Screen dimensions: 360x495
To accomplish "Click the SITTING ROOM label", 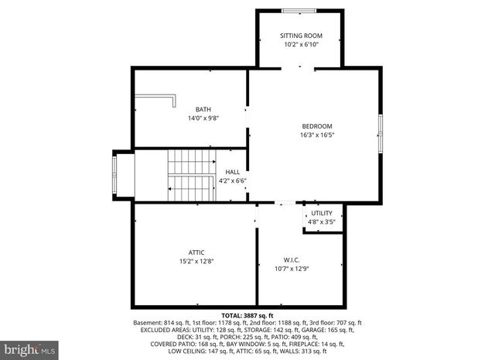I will (301, 36).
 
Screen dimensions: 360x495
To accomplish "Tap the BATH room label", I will (203, 109).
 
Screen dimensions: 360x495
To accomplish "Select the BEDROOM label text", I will (317, 126).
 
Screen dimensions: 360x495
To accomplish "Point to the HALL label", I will (233, 172).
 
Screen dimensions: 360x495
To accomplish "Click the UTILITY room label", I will (322, 213).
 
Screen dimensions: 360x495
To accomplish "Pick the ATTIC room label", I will (196, 252).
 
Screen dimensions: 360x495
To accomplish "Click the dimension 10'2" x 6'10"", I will (301, 45).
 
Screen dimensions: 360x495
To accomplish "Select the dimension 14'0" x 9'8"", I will (203, 118).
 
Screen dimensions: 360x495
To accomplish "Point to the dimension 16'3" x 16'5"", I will (317, 135).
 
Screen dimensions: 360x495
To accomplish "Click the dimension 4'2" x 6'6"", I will (233, 181).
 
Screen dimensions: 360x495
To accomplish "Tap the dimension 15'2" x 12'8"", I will (196, 262).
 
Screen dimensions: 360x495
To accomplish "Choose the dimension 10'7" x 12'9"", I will (292, 269).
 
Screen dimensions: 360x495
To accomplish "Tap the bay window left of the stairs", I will (117, 175).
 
